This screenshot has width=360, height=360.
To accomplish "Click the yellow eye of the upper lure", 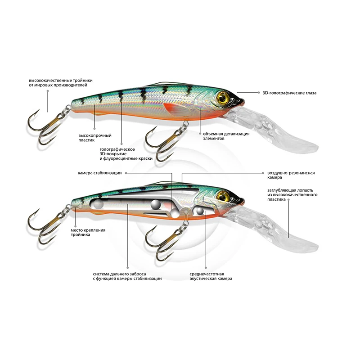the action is pos(222,97).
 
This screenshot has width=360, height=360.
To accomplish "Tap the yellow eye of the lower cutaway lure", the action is pos(222,196).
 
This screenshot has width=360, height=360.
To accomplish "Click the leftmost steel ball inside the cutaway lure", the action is pos(97,205).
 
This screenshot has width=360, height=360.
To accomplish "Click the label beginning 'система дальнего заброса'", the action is pos(127,276).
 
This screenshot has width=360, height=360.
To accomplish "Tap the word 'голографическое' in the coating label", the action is pos(118,148).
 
